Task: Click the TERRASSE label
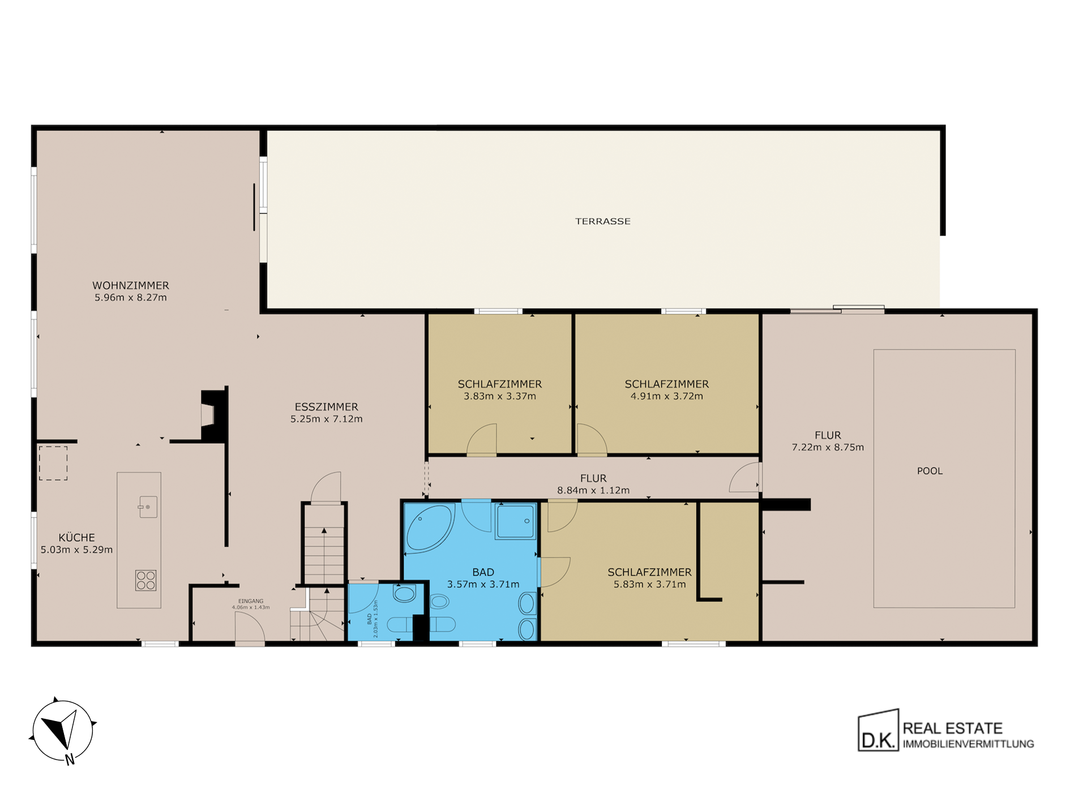pyautogui.click(x=602, y=221)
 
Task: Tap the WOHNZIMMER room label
pyautogui.click(x=131, y=286)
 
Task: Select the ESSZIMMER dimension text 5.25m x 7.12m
pyautogui.click(x=326, y=419)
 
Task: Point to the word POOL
pyautogui.click(x=930, y=471)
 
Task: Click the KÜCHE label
pyautogui.click(x=76, y=537)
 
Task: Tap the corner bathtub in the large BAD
pyautogui.click(x=429, y=529)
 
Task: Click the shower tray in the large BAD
pyautogui.click(x=515, y=521)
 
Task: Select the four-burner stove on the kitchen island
pyautogui.click(x=145, y=581)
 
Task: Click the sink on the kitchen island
pyautogui.click(x=147, y=507)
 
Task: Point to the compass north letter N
pyautogui.click(x=70, y=760)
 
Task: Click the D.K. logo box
pyautogui.click(x=878, y=731)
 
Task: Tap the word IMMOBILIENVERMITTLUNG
pyautogui.click(x=968, y=744)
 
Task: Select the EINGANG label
pyautogui.click(x=251, y=601)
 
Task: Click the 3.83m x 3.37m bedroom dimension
pyautogui.click(x=500, y=397)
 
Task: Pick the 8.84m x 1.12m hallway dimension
pyautogui.click(x=593, y=491)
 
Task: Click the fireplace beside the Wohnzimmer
pyautogui.click(x=214, y=415)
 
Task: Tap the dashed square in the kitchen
pyautogui.click(x=53, y=463)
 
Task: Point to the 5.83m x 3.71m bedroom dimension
pyautogui.click(x=649, y=585)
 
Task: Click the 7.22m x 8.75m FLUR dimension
pyautogui.click(x=828, y=448)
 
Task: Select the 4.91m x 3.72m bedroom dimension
pyautogui.click(x=667, y=397)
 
